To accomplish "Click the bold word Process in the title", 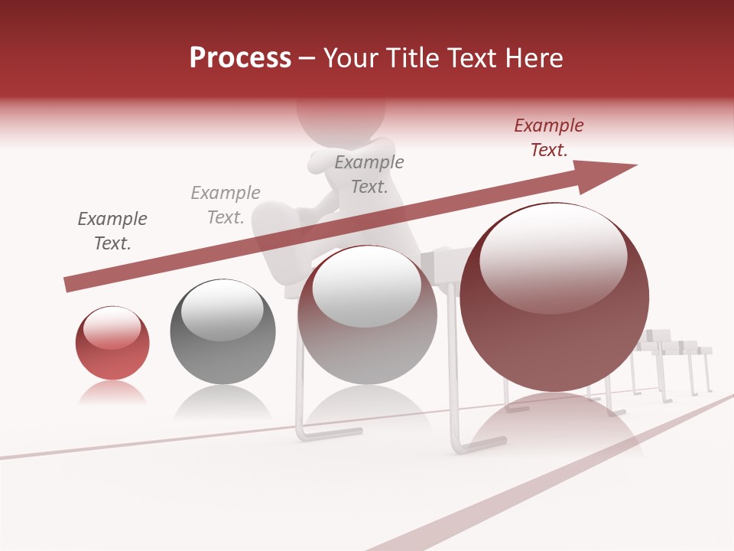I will pos(240,58).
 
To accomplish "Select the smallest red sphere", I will pos(112,343).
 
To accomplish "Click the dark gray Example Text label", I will pos(112,231).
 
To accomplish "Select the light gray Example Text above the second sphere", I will pos(226,205).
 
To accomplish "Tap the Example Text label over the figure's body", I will pos(369,174).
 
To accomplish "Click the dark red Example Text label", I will pos(549,138).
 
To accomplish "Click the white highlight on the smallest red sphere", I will pos(112,328).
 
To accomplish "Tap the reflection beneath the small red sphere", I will pos(112,393).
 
